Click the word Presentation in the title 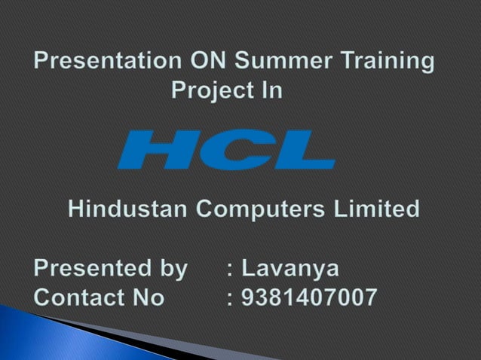tap(106, 61)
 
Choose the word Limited tap(378, 209)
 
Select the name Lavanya tap(291, 269)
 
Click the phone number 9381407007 tap(309, 297)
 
